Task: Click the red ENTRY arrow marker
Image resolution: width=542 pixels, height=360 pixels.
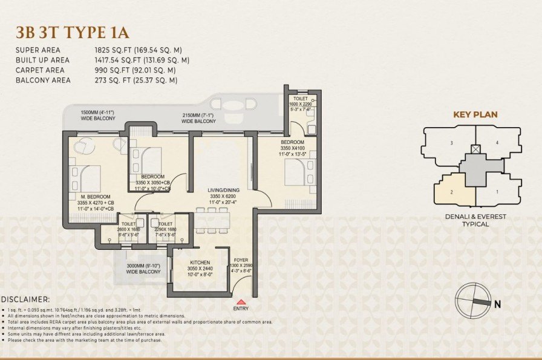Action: point(241,301)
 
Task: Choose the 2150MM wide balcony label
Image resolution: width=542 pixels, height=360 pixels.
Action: point(198,118)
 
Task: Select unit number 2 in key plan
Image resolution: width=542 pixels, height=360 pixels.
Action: point(451,192)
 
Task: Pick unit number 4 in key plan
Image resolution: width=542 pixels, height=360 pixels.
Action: point(497,143)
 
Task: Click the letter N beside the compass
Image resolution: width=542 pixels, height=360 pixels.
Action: point(497,304)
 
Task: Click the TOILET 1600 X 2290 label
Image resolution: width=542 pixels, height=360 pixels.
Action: point(301,102)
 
